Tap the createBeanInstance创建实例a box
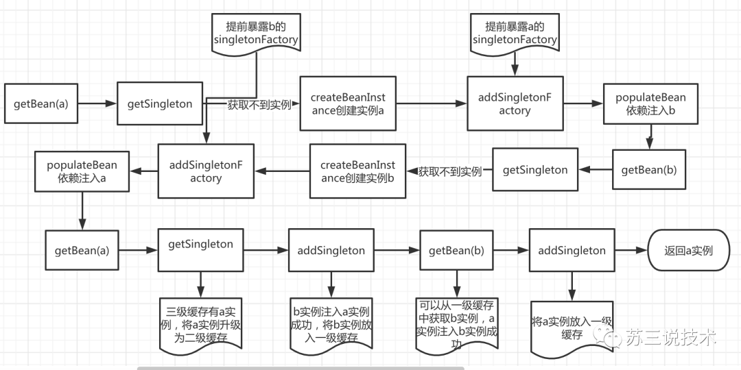pyautogui.click(x=348, y=103)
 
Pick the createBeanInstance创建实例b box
pyautogui.click(x=357, y=171)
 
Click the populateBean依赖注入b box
pyautogui.click(x=650, y=104)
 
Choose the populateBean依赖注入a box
pyautogui.click(x=82, y=171)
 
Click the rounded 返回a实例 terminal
pyautogui.click(x=689, y=250)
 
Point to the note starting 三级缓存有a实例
pyautogui.click(x=201, y=325)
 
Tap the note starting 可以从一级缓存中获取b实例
pyautogui.click(x=456, y=325)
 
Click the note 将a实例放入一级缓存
pyautogui.click(x=572, y=329)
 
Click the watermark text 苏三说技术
pyautogui.click(x=670, y=338)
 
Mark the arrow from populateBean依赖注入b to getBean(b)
pyautogui.click(x=650, y=137)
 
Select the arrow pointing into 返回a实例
pyautogui.click(x=631, y=250)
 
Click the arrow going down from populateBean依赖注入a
pyautogui.click(x=82, y=211)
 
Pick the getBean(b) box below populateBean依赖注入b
pyautogui.click(x=649, y=170)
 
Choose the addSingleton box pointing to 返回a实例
pyautogui.click(x=572, y=250)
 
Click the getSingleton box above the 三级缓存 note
pyautogui.click(x=201, y=250)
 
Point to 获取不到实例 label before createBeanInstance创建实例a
pyautogui.click(x=259, y=105)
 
